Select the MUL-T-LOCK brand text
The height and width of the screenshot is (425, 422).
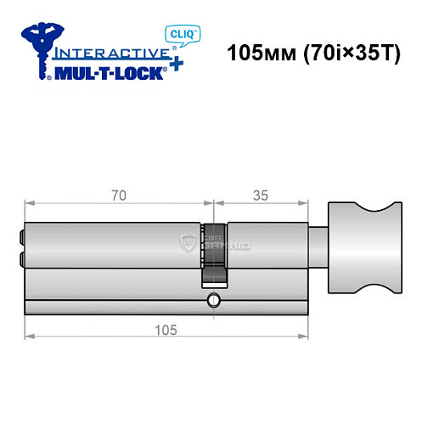pos(108,73)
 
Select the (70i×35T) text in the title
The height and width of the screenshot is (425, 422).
pos(348,54)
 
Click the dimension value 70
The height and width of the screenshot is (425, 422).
pos(118,195)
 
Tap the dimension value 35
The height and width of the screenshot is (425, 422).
pos(261,195)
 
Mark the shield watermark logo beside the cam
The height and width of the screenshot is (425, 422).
pos(188,245)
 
